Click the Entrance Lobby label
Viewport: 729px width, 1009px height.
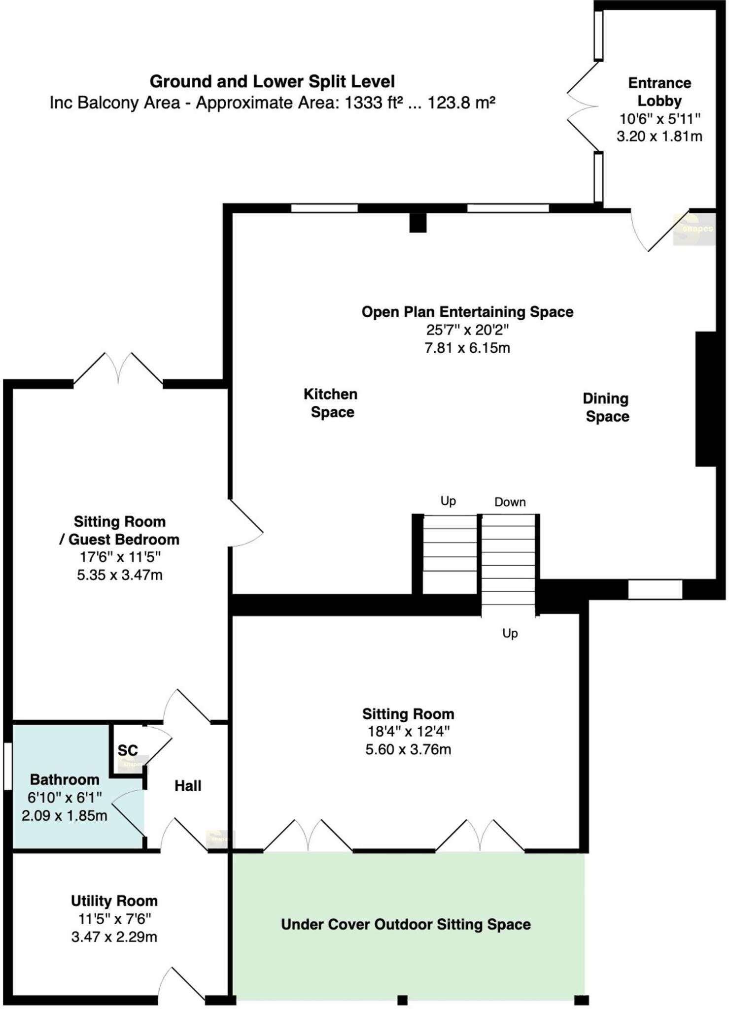[x=659, y=92]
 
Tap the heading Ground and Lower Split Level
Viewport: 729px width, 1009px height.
[x=272, y=81]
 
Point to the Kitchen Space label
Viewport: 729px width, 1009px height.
[x=331, y=403]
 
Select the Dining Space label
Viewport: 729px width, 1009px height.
[x=606, y=407]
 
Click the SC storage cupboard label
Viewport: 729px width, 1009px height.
[x=128, y=750]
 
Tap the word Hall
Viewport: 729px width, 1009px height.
[x=188, y=786]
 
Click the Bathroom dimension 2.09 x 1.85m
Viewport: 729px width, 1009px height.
[x=65, y=815]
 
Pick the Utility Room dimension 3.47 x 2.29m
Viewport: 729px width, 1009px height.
[x=114, y=937]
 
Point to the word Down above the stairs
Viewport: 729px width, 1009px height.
[x=510, y=502]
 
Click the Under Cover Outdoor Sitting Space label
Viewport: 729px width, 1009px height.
[x=406, y=924]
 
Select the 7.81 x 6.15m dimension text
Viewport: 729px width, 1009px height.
[x=467, y=348]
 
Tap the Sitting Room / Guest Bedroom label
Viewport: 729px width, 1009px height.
[x=119, y=531]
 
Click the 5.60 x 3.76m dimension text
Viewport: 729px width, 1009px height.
[x=408, y=749]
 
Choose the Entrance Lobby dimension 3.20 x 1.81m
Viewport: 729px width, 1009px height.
[x=659, y=136]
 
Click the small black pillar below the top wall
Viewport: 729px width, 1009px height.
[x=417, y=223]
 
